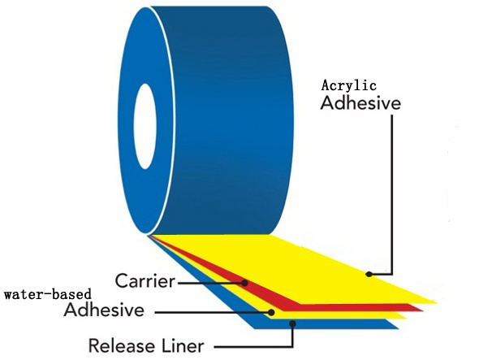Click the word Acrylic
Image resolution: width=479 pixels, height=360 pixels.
(348, 85)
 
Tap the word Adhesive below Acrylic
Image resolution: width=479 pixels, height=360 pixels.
(360, 103)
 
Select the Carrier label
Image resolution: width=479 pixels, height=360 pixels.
(145, 280)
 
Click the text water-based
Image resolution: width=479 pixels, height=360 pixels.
(48, 294)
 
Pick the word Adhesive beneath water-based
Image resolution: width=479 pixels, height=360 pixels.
(104, 310)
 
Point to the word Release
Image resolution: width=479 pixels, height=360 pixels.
(122, 345)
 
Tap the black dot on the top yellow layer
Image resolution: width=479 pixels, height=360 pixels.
(369, 274)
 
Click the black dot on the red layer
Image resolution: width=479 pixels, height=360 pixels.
(244, 283)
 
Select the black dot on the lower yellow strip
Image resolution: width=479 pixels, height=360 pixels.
(271, 312)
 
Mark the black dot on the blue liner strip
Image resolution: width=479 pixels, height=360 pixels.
(292, 323)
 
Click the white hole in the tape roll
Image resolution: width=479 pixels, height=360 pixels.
(145, 126)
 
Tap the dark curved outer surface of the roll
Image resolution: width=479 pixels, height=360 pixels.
(226, 119)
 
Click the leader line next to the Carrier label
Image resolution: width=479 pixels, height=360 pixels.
(211, 283)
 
